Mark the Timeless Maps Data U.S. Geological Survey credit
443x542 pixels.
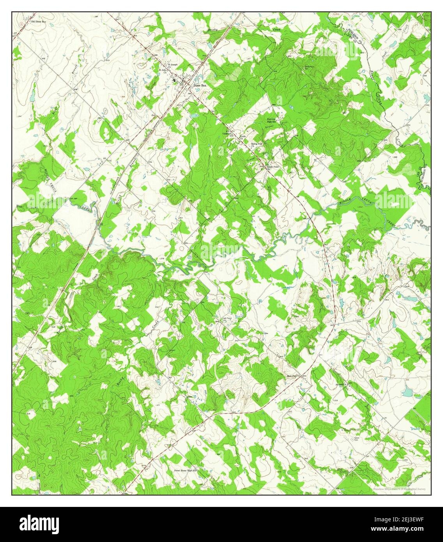coord(399,489)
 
